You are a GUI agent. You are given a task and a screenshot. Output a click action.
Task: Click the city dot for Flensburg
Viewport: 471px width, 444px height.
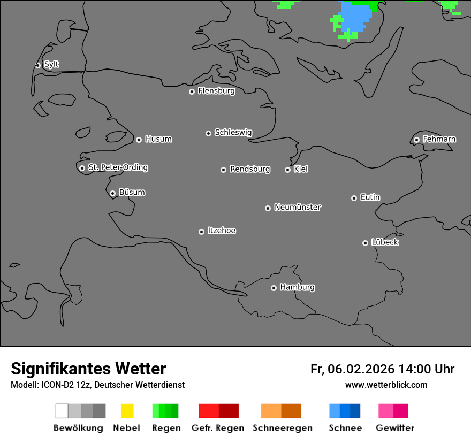click(192, 91)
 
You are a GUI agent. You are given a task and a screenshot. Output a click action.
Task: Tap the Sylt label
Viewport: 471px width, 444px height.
click(51, 64)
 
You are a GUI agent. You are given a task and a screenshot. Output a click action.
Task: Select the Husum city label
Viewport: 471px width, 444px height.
click(158, 139)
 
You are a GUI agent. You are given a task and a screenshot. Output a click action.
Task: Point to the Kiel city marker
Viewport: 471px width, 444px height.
click(287, 170)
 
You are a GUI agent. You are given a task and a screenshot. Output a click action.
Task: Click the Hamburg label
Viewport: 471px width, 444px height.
click(297, 287)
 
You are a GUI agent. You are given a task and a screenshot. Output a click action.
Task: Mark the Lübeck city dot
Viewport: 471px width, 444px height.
click(365, 243)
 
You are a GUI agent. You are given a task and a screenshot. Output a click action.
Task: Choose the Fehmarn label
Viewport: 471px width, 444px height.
click(439, 139)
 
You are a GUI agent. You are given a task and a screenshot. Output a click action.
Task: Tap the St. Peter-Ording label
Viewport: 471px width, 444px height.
click(118, 167)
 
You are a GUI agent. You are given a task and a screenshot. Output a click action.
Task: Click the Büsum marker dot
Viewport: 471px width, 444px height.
click(112, 193)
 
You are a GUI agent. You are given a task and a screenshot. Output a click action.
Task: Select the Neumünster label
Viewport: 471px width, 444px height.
click(298, 207)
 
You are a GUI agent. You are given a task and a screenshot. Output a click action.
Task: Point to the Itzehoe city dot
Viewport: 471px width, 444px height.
click(201, 232)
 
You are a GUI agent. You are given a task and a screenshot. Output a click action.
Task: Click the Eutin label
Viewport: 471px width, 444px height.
click(370, 197)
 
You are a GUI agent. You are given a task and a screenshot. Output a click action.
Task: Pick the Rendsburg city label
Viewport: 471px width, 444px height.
click(250, 169)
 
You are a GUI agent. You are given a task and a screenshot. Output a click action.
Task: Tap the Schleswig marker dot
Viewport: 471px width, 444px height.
click(208, 133)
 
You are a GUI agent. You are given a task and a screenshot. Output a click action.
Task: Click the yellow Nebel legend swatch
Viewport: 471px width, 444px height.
click(127, 411)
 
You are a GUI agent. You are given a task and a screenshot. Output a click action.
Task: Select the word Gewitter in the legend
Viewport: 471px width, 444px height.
click(395, 428)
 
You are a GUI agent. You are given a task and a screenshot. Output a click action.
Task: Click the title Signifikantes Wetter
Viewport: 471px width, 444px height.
click(88, 369)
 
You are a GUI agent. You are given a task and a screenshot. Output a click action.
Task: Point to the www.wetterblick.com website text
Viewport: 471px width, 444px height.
click(386, 385)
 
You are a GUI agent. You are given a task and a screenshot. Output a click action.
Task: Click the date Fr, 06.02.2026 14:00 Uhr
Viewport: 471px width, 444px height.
click(382, 369)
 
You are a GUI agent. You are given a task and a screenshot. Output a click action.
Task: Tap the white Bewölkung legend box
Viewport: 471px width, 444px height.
click(62, 411)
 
